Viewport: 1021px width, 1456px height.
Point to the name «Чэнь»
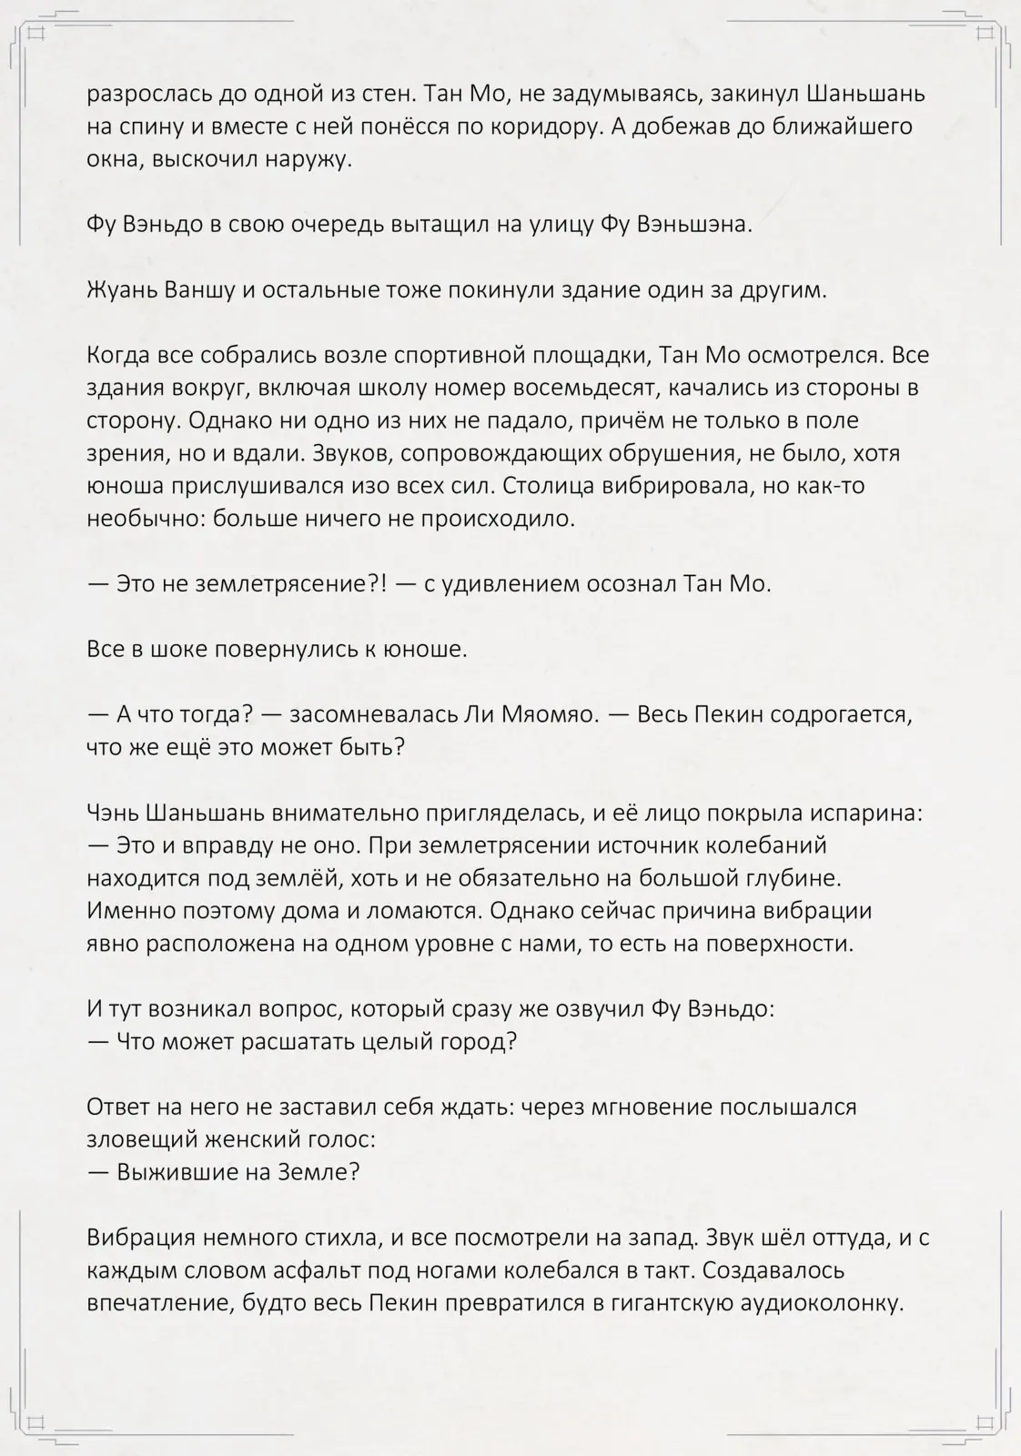[113, 813]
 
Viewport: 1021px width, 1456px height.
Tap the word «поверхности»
[778, 944]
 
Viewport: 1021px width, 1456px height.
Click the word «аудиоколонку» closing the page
[819, 1303]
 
